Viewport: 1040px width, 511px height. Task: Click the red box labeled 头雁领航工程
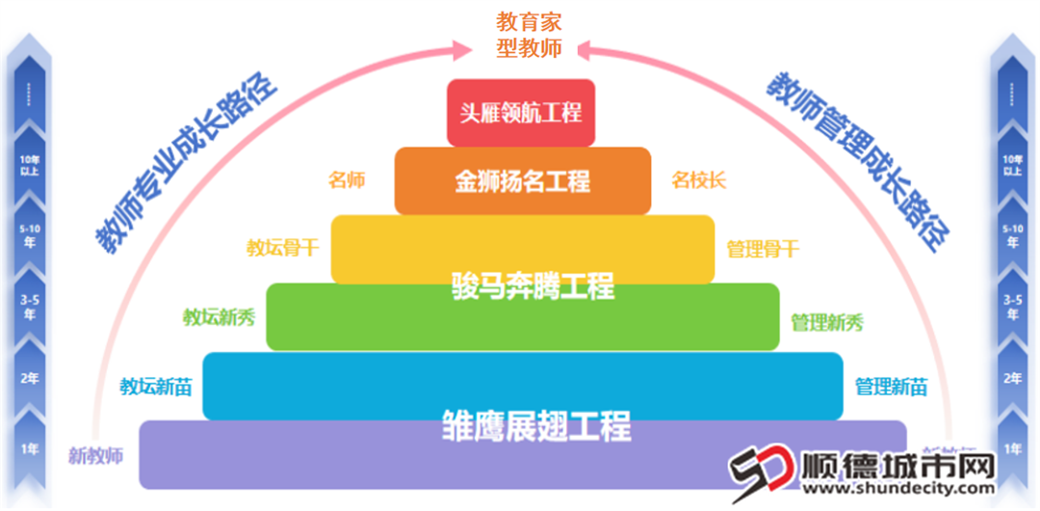coord(521,113)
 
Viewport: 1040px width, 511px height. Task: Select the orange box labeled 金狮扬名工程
coord(522,180)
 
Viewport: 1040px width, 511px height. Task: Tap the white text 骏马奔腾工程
coord(533,286)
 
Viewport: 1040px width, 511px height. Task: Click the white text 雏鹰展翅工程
coord(535,425)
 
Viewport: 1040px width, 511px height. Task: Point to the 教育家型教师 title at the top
coord(529,35)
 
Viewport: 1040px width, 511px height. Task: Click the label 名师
coord(347,180)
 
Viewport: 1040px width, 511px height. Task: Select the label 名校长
coord(698,180)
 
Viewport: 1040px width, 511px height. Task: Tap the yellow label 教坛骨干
coord(282,248)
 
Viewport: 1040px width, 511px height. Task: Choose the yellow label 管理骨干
coord(763,249)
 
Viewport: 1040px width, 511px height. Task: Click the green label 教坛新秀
coord(219,317)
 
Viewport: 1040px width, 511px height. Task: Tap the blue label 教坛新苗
coord(156,387)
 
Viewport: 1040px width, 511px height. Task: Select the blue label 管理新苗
coord(891,387)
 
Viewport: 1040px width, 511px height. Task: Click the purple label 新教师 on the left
coord(96,455)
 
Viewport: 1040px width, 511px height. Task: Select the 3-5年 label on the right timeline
coord(1011,307)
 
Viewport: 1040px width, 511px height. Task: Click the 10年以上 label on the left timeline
coord(30,165)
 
